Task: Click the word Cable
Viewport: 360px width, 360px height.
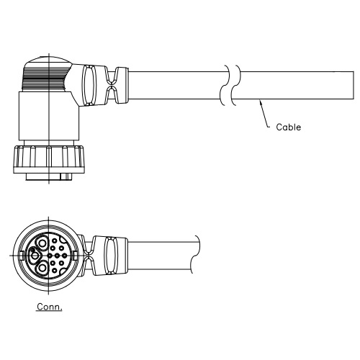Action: click(288, 127)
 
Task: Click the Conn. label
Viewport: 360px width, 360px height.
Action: click(49, 307)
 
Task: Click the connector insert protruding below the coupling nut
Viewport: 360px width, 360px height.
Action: click(49, 177)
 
